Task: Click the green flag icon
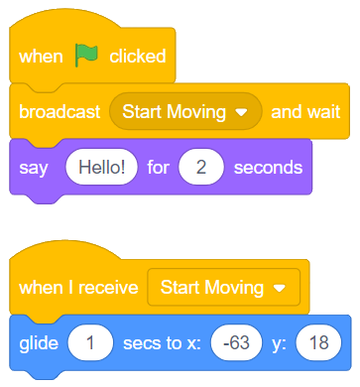coord(86,57)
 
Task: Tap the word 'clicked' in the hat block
coord(137,57)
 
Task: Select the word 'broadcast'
coord(60,112)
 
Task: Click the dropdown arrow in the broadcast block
coord(242,112)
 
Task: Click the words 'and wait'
coord(304,112)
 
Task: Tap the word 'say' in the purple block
coord(33,167)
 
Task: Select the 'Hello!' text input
coord(96,167)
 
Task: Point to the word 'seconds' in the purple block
coord(269,167)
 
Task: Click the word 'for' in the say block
coord(158,167)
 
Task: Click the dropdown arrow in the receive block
coord(279,289)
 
